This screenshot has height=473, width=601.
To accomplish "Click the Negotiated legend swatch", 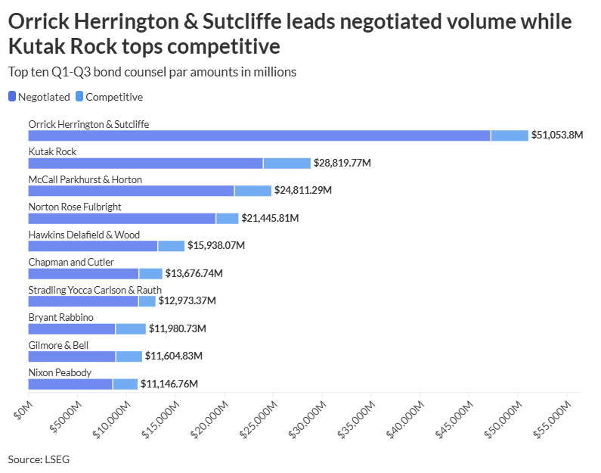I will tap(12, 97).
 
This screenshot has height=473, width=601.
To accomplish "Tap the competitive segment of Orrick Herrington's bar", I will tap(510, 135).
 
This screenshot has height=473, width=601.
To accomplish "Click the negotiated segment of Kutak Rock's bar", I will tap(145, 163).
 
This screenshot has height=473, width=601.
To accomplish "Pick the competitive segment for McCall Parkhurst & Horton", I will tap(252, 191).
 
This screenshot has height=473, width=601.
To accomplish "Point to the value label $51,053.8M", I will tap(557, 135).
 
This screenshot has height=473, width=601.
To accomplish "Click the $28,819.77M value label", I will tap(342, 163).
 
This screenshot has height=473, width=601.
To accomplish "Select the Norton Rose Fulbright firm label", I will tap(74, 207).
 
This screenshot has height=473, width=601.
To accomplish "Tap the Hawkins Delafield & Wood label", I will tap(84, 235).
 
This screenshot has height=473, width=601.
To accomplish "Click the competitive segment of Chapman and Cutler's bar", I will tap(150, 273).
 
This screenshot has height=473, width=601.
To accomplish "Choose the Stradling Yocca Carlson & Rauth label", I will tap(94, 290).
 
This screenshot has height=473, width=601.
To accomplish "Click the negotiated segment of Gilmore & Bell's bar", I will tap(72, 356).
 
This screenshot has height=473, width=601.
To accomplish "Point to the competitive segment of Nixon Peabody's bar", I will tap(125, 384).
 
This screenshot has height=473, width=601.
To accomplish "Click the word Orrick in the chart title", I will tap(36, 23).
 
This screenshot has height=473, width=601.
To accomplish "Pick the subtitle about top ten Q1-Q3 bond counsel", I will tap(151, 72).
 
